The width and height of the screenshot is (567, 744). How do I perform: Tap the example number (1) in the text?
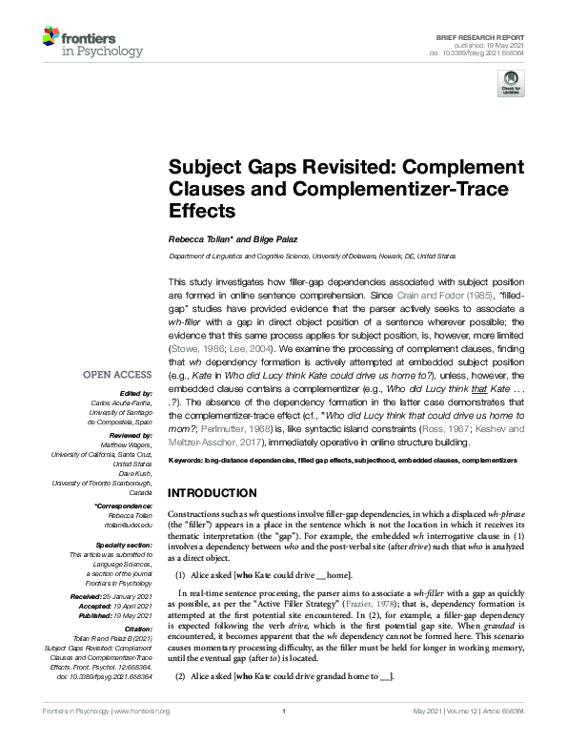click(x=179, y=576)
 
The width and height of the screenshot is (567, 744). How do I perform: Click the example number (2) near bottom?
click(x=179, y=676)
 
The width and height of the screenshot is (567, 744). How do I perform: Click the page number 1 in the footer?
click(x=283, y=712)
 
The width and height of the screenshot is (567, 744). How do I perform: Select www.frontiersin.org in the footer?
click(x=142, y=712)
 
